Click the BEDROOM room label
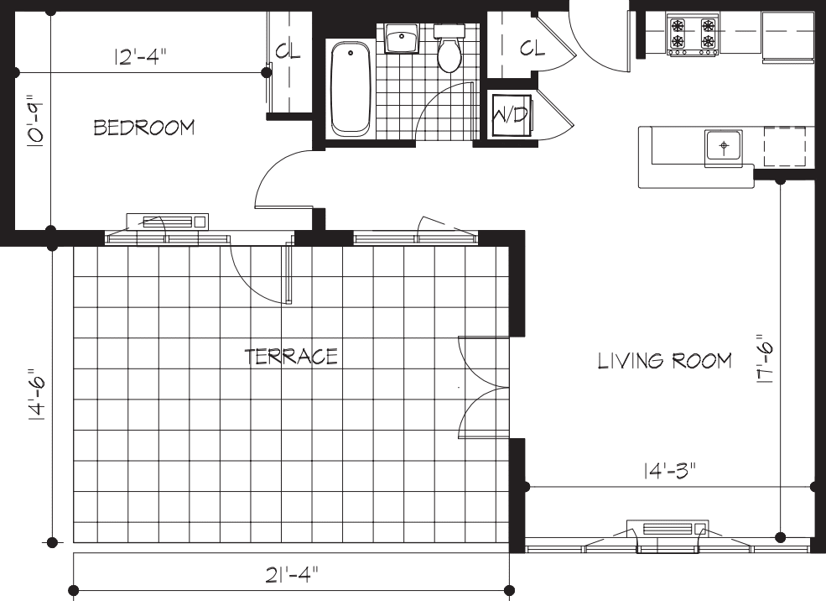point(143,128)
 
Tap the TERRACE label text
point(291,356)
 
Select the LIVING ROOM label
point(664,361)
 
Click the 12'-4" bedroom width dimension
point(141,57)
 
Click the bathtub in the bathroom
point(351,89)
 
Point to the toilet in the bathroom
point(450,50)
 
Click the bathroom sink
point(402,39)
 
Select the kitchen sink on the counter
point(724,144)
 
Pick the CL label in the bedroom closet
point(288,51)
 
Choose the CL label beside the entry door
point(531,49)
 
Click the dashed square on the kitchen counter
point(784,146)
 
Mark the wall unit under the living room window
point(668,529)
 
